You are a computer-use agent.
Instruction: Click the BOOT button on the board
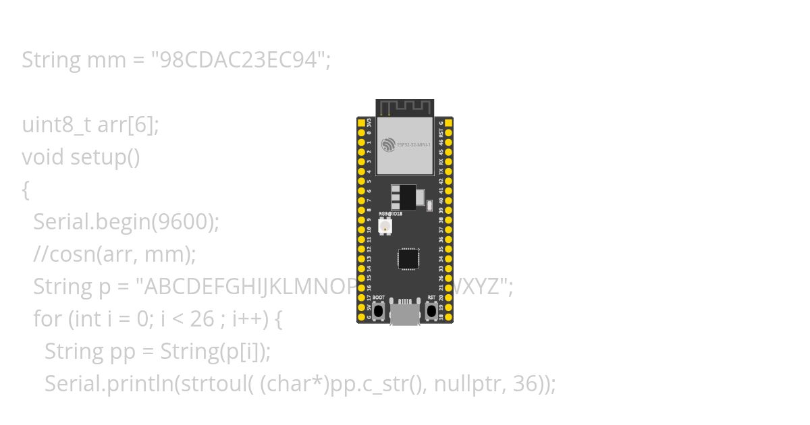[379, 311]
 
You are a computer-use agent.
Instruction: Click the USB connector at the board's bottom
[406, 314]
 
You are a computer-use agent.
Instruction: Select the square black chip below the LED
[408, 259]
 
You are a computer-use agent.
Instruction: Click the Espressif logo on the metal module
[387, 144]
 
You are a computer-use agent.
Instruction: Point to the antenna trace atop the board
[405, 108]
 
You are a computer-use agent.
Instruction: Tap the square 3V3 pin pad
[361, 123]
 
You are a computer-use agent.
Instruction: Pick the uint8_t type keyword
[57, 125]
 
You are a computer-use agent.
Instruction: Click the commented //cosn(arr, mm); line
[115, 254]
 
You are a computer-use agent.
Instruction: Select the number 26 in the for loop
[202, 319]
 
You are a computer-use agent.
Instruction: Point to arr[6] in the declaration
[128, 125]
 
